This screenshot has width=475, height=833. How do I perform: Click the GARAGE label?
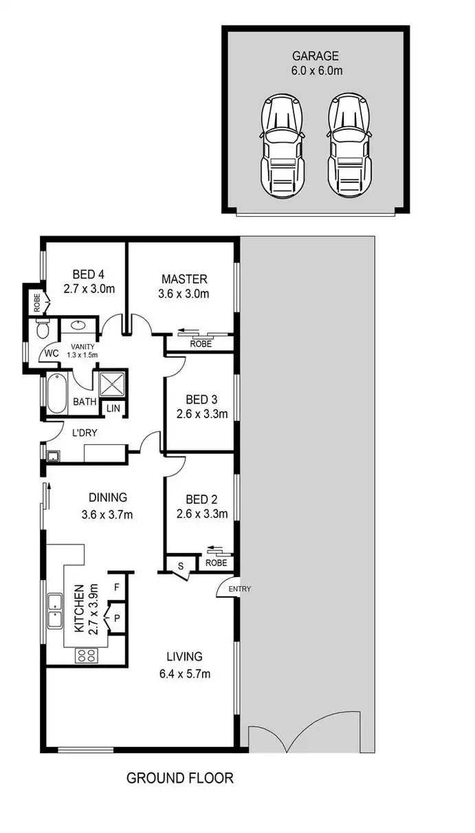coord(315,56)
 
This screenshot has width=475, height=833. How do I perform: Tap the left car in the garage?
coord(280,145)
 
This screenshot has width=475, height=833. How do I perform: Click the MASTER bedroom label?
coord(184,279)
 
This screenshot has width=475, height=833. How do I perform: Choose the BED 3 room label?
coord(201,400)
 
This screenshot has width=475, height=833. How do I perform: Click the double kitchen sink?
coord(54,610)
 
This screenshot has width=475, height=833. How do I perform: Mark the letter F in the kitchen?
coord(117,587)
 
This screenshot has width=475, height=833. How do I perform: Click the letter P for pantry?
coord(117,618)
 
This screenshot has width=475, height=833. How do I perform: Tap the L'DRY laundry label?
coord(69,433)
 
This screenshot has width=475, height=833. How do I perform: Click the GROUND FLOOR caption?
coord(180,778)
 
